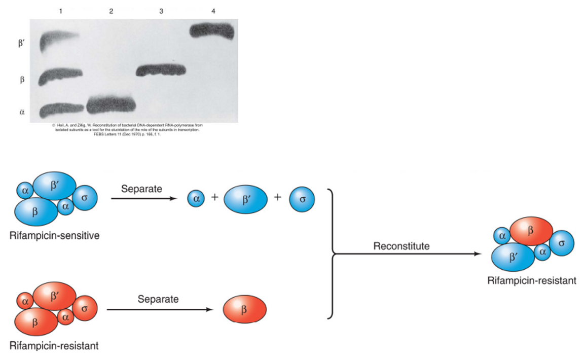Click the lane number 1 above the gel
tap(61, 11)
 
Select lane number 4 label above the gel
tap(213, 11)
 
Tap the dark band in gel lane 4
tap(212, 31)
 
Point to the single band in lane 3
tap(161, 69)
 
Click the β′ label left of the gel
tap(21, 44)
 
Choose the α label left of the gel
tap(22, 112)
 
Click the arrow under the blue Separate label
tap(142, 198)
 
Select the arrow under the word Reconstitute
tap(406, 254)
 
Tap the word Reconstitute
tap(402, 246)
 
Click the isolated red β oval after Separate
tap(244, 309)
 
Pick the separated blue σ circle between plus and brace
tap(302, 199)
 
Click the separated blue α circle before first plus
tap(196, 199)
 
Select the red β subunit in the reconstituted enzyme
tap(530, 231)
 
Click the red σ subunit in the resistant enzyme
tap(84, 308)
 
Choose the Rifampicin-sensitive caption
tap(54, 236)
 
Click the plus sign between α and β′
tap(214, 197)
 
